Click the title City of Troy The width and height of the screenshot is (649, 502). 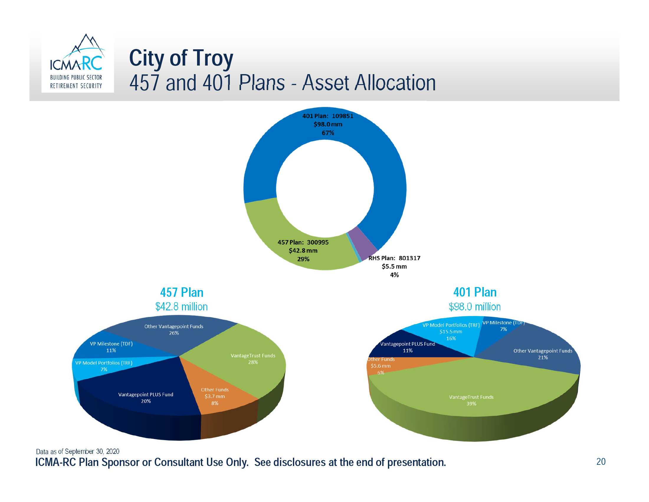(181, 58)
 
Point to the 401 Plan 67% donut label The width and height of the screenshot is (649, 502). (328, 124)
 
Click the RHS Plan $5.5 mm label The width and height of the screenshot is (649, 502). (394, 266)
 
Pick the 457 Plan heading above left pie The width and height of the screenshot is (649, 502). (181, 292)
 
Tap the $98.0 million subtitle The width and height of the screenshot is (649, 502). (475, 307)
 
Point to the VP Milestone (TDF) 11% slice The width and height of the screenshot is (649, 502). (111, 347)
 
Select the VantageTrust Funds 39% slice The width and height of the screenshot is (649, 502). (471, 400)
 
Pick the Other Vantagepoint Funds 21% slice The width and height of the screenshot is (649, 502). (543, 354)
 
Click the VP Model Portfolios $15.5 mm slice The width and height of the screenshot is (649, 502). (451, 332)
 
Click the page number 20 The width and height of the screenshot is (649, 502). (601, 462)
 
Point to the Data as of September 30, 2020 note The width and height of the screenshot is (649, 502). (78, 452)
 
